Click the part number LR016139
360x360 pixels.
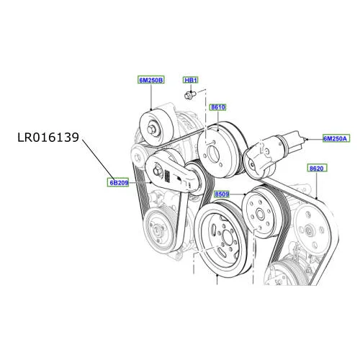tap(48, 138)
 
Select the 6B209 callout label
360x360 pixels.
tap(118, 183)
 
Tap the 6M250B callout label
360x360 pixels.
tap(151, 80)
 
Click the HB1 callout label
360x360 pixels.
tap(191, 80)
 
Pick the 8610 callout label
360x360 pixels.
tap(218, 107)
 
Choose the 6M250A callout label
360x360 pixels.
tap(336, 138)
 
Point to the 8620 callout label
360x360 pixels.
tap(317, 168)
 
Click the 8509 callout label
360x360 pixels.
tap(222, 194)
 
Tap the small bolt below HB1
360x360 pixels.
tap(189, 95)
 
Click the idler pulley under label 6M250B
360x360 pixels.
tap(156, 127)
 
